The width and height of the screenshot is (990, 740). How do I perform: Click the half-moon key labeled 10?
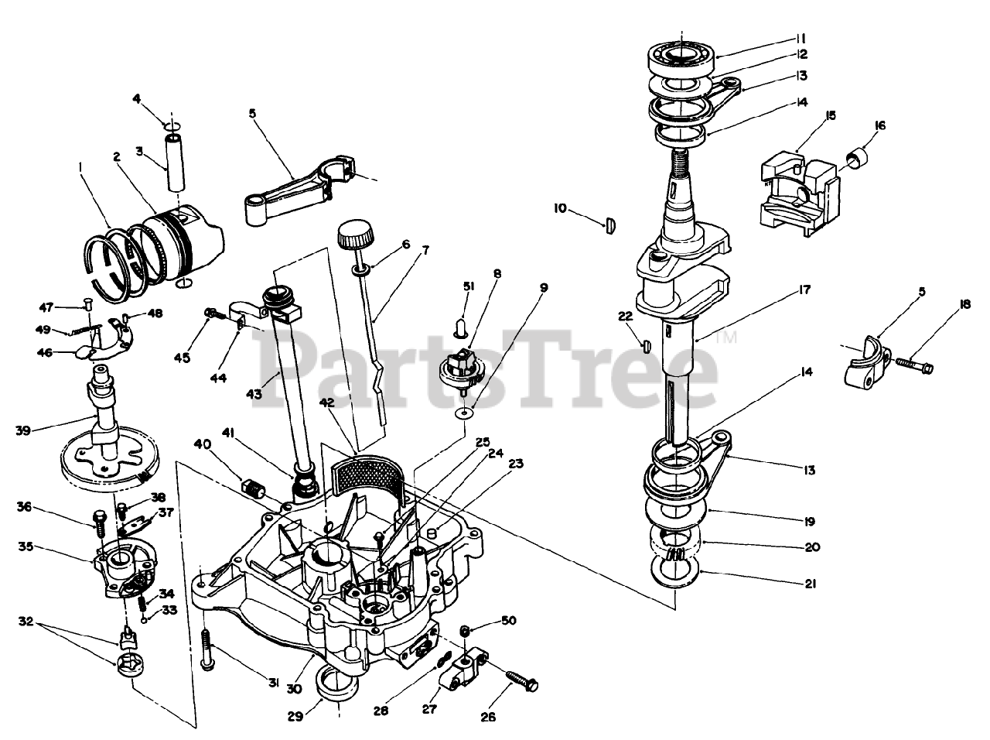coord(609,224)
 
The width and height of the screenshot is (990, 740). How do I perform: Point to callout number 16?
coord(879,125)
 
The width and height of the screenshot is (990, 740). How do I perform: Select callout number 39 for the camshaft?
coord(23,430)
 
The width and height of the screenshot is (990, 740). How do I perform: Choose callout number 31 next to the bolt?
coord(273,682)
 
